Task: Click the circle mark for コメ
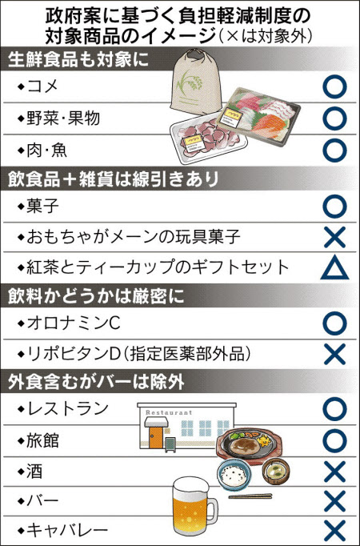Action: pos(334,86)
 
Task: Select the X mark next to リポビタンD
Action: pos(334,354)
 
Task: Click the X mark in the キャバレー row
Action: pos(334,531)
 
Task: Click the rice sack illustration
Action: pos(198,82)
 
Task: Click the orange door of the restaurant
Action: pos(156,437)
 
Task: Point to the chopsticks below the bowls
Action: pos(250,496)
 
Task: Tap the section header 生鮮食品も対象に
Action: pos(78,59)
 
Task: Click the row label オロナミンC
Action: pos(74,323)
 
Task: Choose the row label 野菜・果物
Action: pos(63,118)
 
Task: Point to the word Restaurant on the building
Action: pos(169,412)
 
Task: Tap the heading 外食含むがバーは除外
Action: pos(96,382)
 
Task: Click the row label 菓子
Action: pos(42,207)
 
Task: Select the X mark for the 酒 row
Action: pos(334,472)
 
